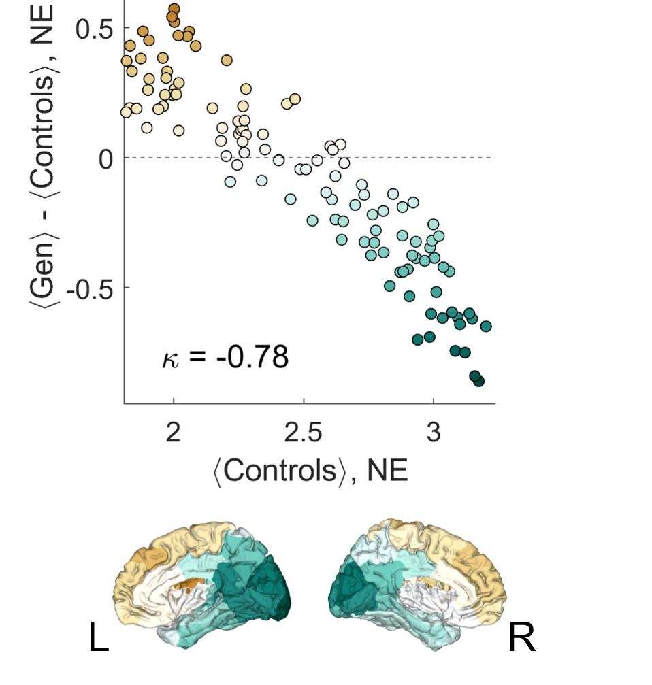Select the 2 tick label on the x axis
(x=174, y=433)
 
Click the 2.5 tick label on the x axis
(x=304, y=433)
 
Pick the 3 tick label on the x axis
(x=434, y=433)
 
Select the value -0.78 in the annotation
(x=252, y=357)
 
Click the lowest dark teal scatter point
(x=478, y=381)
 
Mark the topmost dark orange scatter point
(x=174, y=10)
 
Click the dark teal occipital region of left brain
(x=259, y=588)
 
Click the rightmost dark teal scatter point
(x=486, y=327)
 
